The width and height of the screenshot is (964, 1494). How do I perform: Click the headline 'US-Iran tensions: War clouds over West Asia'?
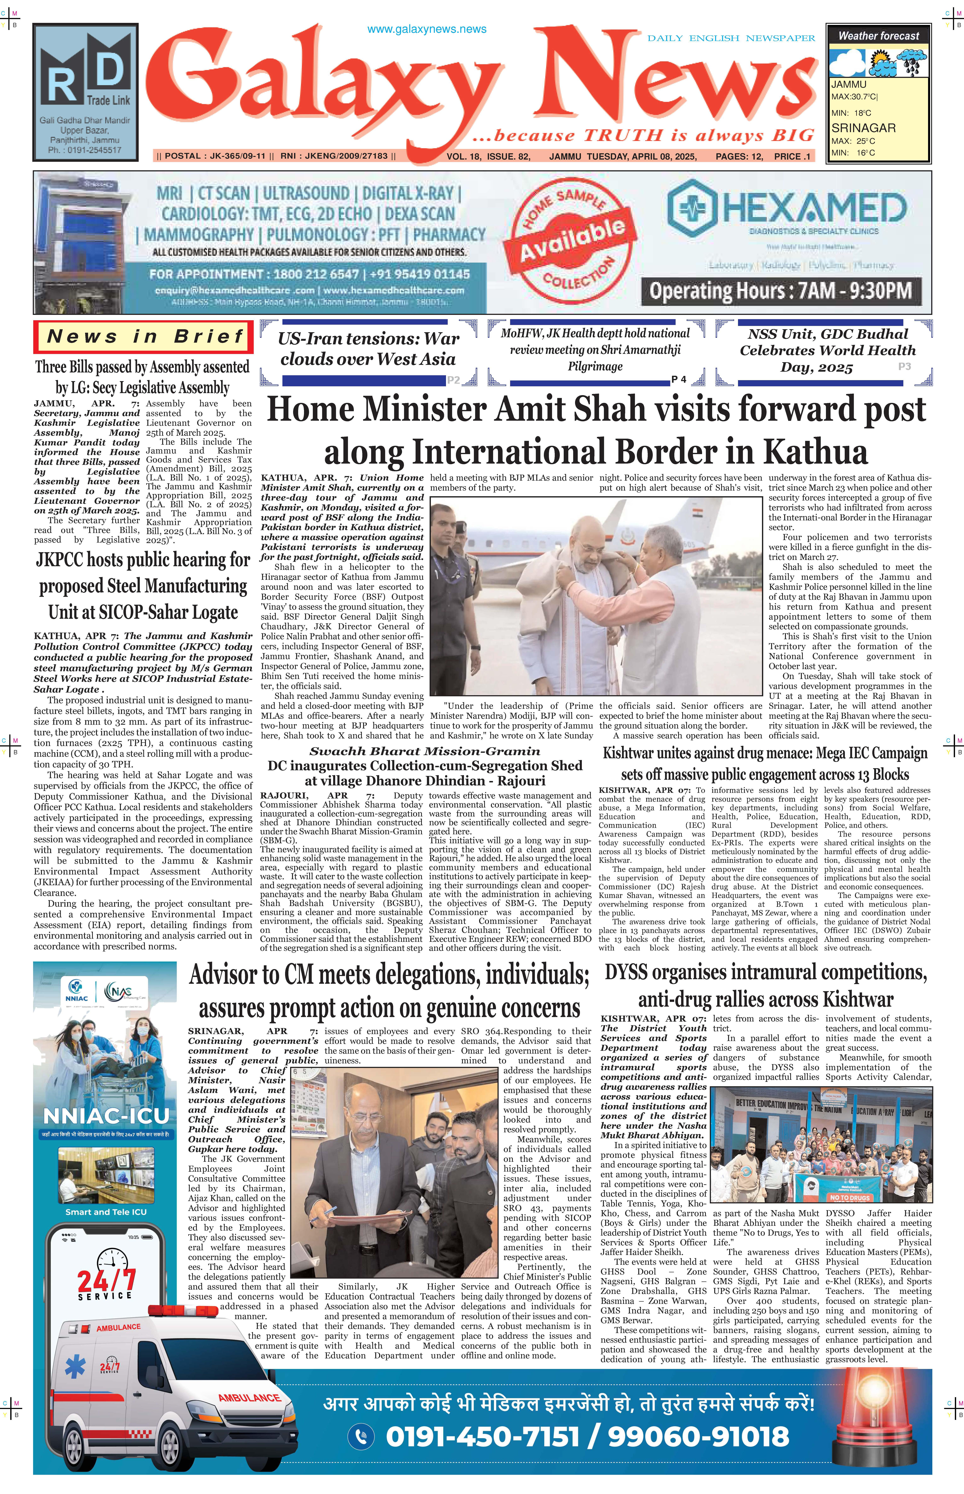[x=368, y=349]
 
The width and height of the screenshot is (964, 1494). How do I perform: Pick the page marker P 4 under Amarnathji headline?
[x=679, y=379]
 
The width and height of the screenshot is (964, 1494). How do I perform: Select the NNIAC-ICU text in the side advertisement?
[x=106, y=1116]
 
